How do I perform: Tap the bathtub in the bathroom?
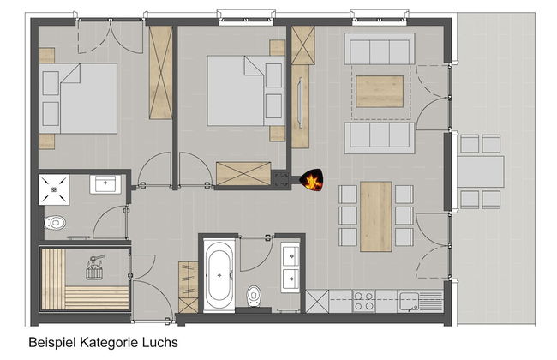click(219, 275)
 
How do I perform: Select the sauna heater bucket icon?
click(94, 267)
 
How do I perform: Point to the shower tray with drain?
click(54, 189)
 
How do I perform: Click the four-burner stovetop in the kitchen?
click(363, 301)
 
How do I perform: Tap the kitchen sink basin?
click(409, 301)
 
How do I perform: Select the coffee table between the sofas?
click(380, 92)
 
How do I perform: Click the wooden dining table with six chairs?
click(376, 216)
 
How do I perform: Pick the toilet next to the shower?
click(55, 223)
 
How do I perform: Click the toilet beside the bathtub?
click(254, 296)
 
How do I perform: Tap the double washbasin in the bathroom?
click(290, 267)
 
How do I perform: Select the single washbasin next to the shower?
click(105, 184)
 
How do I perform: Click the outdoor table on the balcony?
click(480, 171)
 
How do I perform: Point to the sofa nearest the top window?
click(380, 49)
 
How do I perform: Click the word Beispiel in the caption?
click(52, 343)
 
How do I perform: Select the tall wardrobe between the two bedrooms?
click(160, 73)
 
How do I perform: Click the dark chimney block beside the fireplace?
click(282, 179)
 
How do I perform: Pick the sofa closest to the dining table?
click(380, 138)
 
